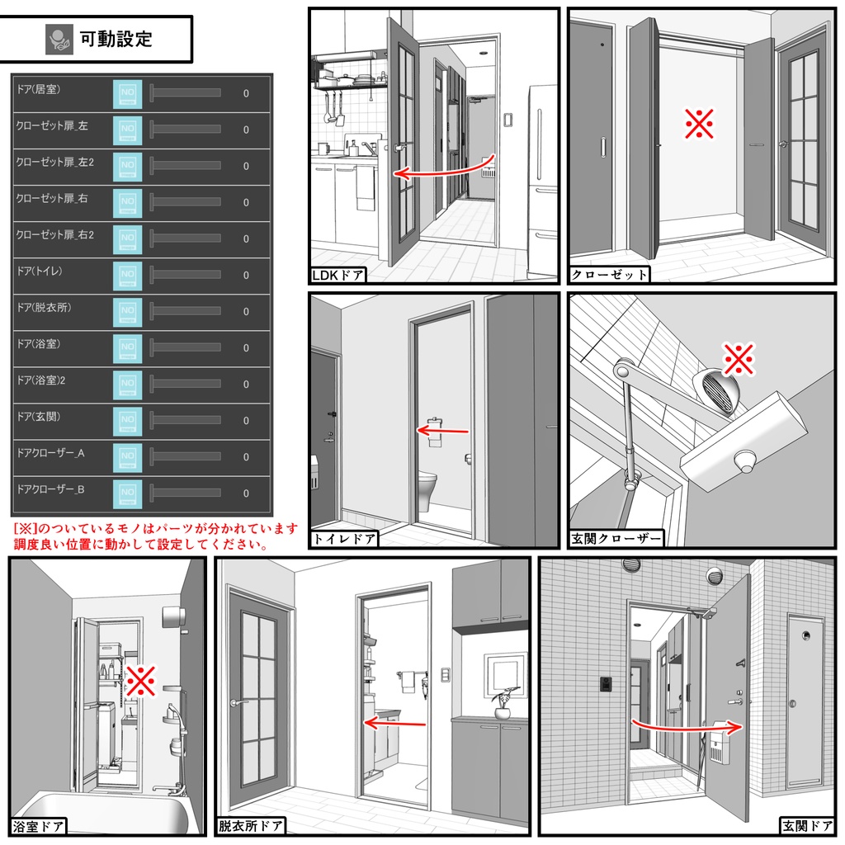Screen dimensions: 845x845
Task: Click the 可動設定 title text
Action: pos(116,40)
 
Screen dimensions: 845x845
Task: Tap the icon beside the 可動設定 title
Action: pos(59,40)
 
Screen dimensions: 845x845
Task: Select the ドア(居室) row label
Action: pos(38,89)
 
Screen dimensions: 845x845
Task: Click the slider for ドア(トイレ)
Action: pos(186,274)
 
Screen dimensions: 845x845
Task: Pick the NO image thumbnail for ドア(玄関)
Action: pos(128,420)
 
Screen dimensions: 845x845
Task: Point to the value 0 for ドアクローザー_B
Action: pos(246,493)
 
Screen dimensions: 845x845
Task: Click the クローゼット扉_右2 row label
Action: pos(55,235)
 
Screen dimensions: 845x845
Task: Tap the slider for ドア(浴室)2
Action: pos(186,384)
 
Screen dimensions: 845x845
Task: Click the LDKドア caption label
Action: pos(338,276)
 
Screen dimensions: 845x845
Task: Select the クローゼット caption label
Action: pos(609,275)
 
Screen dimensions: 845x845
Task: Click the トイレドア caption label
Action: pos(344,539)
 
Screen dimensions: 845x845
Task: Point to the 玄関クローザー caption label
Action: pos(616,538)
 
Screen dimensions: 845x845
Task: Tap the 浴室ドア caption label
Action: pos(38,827)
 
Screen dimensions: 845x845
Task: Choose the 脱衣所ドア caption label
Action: pos(250,826)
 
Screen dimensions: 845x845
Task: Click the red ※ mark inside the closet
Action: pos(699,124)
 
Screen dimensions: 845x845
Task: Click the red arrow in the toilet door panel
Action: pos(443,431)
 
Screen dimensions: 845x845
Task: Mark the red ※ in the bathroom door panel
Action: pos(140,681)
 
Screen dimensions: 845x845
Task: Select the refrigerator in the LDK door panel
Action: pos(542,181)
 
